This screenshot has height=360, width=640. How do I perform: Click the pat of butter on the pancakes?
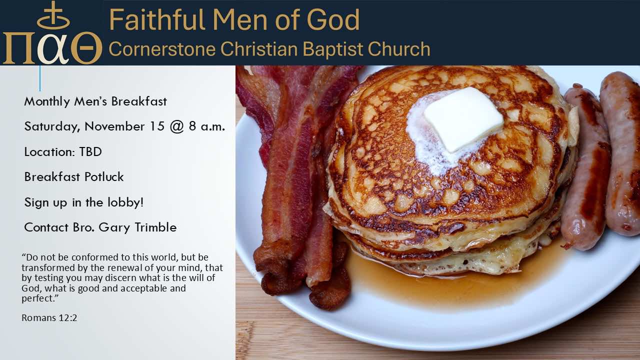pyautogui.click(x=463, y=119)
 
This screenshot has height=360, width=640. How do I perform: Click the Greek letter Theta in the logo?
pyautogui.click(x=86, y=48)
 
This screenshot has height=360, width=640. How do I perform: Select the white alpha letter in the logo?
pyautogui.click(x=53, y=49)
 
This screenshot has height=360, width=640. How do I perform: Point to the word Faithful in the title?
pyautogui.click(x=157, y=19)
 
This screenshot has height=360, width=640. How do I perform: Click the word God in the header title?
pyautogui.click(x=333, y=19)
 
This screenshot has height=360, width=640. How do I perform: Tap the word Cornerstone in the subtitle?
pyautogui.click(x=161, y=49)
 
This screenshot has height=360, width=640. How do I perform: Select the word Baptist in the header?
pyautogui.click(x=333, y=49)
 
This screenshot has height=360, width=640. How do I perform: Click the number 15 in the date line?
pyautogui.click(x=157, y=126)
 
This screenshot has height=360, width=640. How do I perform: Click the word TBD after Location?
pyautogui.click(x=90, y=151)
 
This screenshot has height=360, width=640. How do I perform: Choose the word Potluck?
pyautogui.click(x=104, y=176)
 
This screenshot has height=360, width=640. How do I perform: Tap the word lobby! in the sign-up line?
pyautogui.click(x=125, y=202)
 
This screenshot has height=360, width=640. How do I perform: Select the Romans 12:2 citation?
pyautogui.click(x=49, y=317)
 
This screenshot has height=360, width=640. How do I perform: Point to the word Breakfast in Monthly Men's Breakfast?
pyautogui.click(x=139, y=101)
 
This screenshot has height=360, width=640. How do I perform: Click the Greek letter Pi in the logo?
pyautogui.click(x=19, y=48)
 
